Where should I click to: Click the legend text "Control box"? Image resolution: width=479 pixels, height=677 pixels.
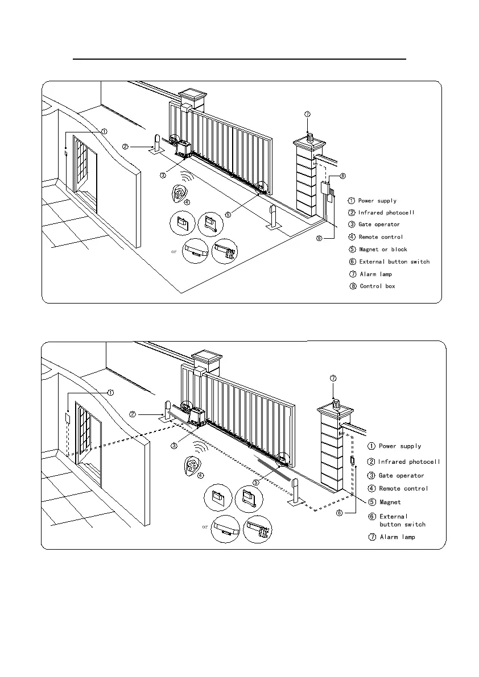[377, 286]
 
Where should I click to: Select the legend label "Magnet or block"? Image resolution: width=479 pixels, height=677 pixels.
[383, 249]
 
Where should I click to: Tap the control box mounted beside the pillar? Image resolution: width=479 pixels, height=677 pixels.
[326, 188]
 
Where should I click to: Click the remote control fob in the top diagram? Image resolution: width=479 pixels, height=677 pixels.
[181, 194]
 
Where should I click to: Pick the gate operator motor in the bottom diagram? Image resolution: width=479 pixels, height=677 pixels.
[197, 418]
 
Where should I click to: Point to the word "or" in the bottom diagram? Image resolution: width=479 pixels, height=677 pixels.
[205, 526]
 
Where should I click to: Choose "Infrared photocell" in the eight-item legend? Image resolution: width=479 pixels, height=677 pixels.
[386, 213]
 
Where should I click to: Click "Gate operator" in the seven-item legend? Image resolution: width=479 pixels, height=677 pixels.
[401, 475]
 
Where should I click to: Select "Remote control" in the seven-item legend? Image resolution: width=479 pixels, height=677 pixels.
[403, 488]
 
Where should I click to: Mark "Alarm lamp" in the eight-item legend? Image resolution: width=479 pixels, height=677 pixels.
[375, 274]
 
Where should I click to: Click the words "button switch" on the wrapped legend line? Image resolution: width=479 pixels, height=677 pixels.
[402, 524]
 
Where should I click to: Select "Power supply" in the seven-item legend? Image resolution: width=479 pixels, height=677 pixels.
[400, 446]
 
